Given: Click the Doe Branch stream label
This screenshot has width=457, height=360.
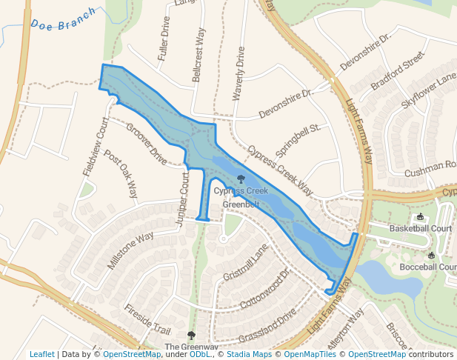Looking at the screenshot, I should click(x=64, y=19).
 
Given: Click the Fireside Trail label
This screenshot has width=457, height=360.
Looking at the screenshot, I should click(x=147, y=319).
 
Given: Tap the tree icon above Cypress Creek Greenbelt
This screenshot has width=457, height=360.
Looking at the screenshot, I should click(x=241, y=179).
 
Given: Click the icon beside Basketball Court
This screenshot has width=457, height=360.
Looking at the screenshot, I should click(x=421, y=217).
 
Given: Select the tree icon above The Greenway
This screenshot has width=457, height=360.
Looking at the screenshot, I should click(x=191, y=336).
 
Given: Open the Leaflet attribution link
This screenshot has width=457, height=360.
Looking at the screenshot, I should click(x=41, y=354).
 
